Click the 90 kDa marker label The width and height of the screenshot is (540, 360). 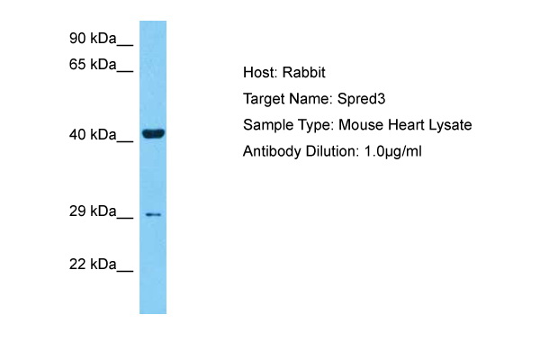93,38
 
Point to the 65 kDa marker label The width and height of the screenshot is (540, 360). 93,65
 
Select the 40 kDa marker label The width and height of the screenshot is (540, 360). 93,134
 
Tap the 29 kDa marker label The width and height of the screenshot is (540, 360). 93,211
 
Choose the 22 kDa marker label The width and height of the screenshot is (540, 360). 93,265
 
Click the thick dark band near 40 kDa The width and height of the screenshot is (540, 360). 153,133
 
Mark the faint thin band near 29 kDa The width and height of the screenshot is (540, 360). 153,214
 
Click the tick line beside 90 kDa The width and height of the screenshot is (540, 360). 125,45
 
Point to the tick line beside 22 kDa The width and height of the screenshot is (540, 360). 125,271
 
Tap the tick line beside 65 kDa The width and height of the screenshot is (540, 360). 125,71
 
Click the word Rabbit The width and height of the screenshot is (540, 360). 304,73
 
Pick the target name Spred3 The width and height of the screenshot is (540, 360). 361,99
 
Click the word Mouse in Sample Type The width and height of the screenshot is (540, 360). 361,125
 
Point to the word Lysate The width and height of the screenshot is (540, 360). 450,126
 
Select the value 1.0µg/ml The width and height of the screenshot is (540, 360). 393,151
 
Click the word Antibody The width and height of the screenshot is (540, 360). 272,152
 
